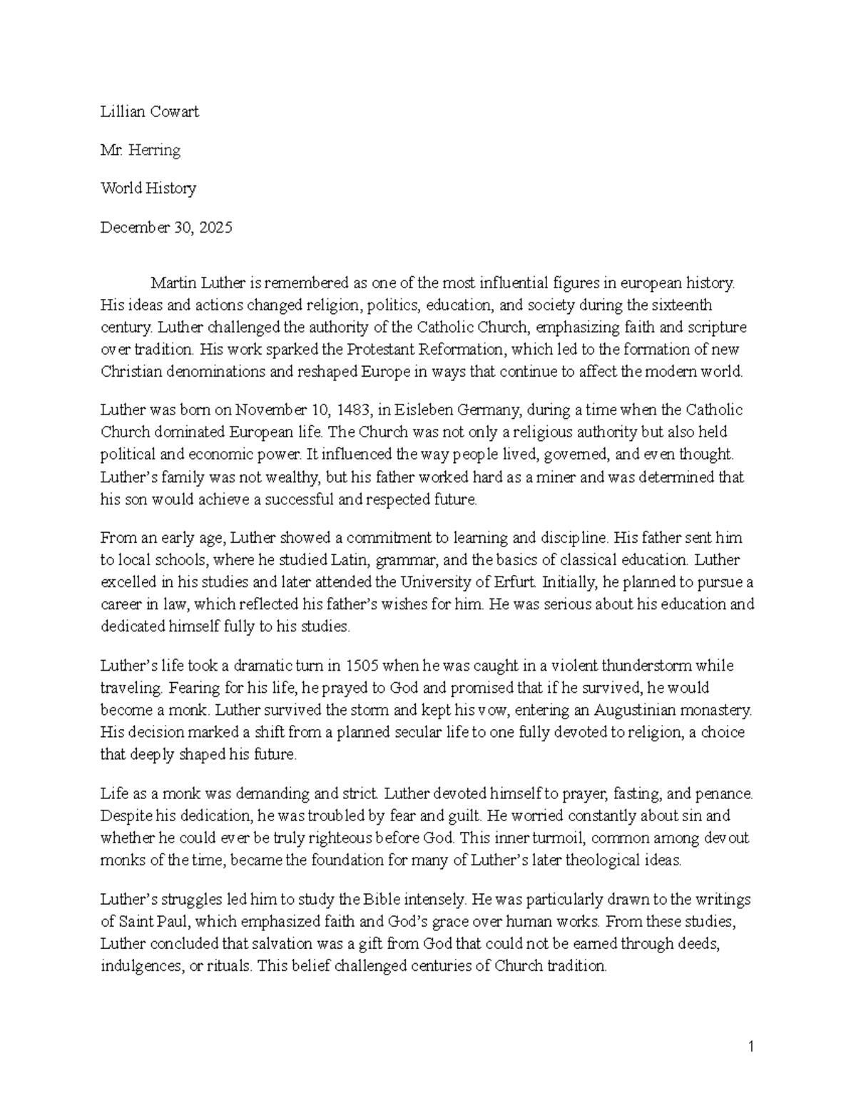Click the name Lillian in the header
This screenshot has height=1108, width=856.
(120, 111)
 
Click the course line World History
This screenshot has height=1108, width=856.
(148, 188)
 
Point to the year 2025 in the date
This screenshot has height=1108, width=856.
(215, 228)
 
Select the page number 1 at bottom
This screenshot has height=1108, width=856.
(750, 1047)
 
